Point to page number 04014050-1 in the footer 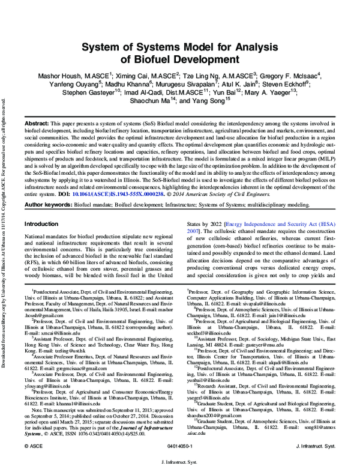[181, 447]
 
